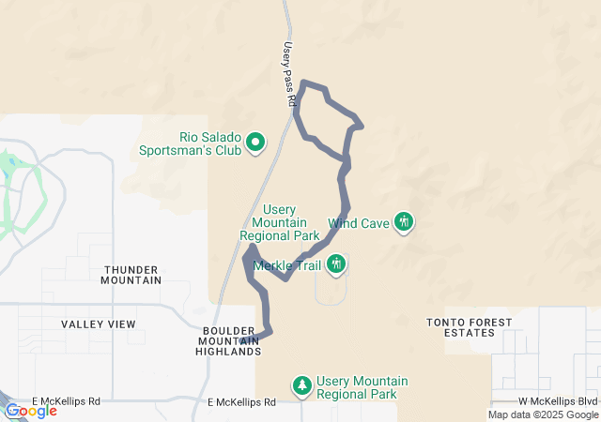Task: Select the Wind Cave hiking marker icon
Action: pyautogui.click(x=404, y=222)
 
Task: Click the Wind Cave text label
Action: pyautogui.click(x=358, y=224)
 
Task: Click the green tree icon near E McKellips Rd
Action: pyautogui.click(x=301, y=384)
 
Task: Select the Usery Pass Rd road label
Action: pyautogui.click(x=290, y=71)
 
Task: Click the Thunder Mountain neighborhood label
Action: pyautogui.click(x=131, y=274)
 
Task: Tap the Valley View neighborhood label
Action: pyautogui.click(x=99, y=324)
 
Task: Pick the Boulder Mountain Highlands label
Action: pyautogui.click(x=228, y=340)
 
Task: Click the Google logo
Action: pyautogui.click(x=31, y=411)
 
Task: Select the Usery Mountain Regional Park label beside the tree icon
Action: pyautogui.click(x=362, y=387)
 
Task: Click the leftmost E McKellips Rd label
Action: pyautogui.click(x=66, y=401)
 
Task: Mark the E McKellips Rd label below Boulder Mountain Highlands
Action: pyautogui.click(x=241, y=402)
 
